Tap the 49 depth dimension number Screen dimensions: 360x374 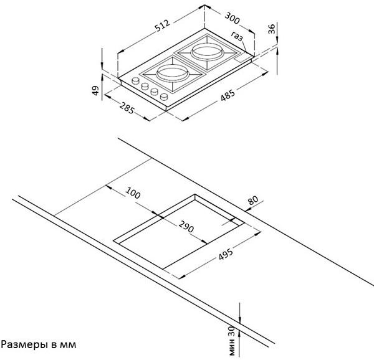point(96,90)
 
